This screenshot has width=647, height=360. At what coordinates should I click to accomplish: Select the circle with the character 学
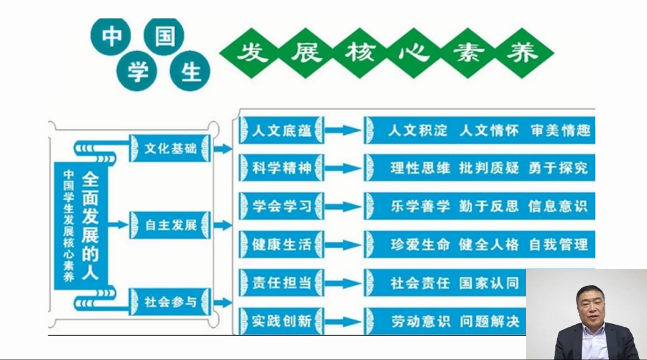pos(138,71)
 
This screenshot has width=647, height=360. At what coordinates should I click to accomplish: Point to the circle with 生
pos(191,71)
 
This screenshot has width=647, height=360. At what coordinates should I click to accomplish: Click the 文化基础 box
pos(170,148)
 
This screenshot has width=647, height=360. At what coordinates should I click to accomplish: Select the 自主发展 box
pos(170,225)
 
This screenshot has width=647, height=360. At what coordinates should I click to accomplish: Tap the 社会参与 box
pos(170,301)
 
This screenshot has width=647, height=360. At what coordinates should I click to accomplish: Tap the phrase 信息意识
pos(558,206)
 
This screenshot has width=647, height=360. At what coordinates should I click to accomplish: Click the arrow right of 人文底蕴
pos(343,130)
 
